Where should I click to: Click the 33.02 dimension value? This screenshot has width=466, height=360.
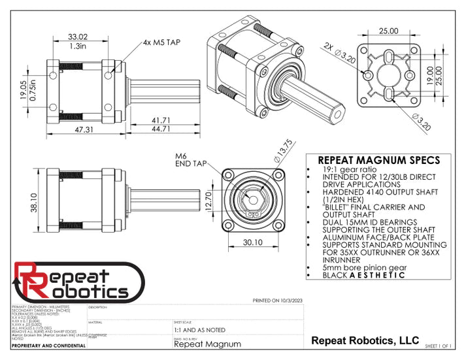click(x=78, y=37)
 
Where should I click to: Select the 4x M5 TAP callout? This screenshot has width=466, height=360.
click(x=161, y=42)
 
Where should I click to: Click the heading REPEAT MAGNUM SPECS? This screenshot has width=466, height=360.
click(x=378, y=161)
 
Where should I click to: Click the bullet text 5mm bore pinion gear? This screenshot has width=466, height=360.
click(x=357, y=268)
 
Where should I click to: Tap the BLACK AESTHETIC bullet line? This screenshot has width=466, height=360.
click(x=363, y=276)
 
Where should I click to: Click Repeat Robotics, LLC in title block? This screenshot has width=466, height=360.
click(x=365, y=340)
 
